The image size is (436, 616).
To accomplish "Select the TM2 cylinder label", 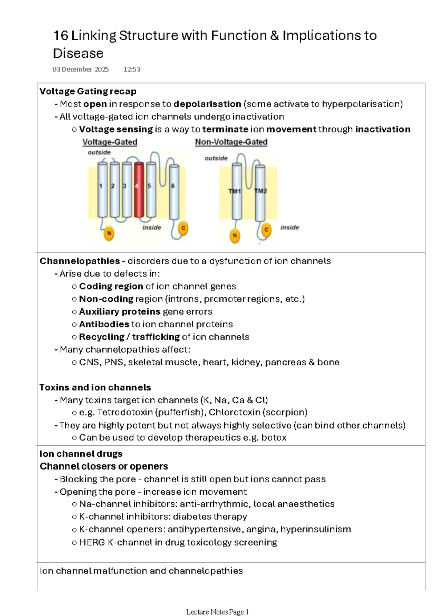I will pyautogui.click(x=260, y=191).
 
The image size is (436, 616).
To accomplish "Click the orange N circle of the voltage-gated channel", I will pyautogui.click(x=109, y=233).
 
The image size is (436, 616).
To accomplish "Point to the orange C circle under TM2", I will pyautogui.click(x=266, y=230).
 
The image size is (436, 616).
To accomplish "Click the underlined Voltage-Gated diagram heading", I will pyautogui.click(x=110, y=142).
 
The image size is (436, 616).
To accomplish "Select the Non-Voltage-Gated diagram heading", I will pyautogui.click(x=231, y=142).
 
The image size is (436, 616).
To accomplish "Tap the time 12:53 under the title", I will pyautogui.click(x=132, y=69).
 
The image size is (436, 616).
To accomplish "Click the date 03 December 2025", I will pyautogui.click(x=80, y=69).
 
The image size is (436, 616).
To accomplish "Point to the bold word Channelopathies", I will pyautogui.click(x=80, y=261).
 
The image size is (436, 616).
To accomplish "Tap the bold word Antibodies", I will pyautogui.click(x=104, y=324).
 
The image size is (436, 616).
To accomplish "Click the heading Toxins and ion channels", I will pyautogui.click(x=95, y=388).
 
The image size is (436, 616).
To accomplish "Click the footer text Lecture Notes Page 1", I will pyautogui.click(x=217, y=612).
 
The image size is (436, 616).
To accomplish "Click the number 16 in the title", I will pyautogui.click(x=61, y=36).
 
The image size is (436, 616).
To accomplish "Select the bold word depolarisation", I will pyautogui.click(x=207, y=104).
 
